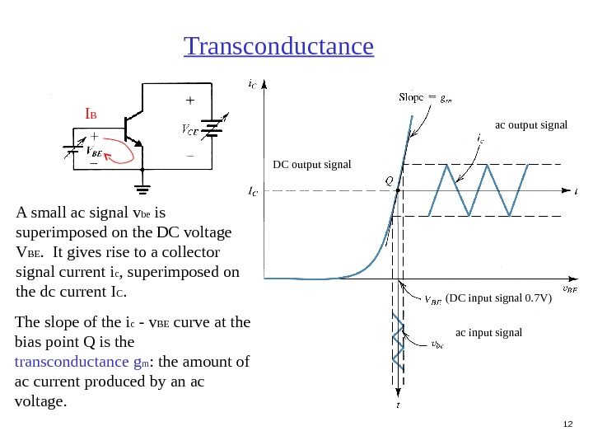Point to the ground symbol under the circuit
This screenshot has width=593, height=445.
[145, 180]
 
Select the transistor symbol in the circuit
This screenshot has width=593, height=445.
[131, 128]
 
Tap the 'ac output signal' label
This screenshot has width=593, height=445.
[531, 125]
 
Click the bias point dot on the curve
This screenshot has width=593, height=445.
[398, 191]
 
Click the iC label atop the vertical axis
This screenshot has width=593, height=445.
[250, 82]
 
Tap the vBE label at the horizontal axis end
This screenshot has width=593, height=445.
[569, 289]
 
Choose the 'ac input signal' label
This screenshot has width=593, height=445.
[488, 332]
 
